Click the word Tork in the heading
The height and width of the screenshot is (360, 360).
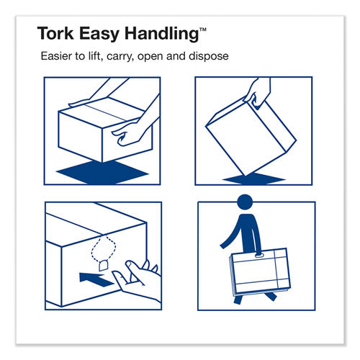tap(55, 33)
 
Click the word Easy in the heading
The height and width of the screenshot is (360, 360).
tap(99, 35)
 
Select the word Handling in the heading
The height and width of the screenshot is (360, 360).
tap(161, 34)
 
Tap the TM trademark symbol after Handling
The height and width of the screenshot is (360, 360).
tap(203, 30)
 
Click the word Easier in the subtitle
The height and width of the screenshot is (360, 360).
tap(56, 56)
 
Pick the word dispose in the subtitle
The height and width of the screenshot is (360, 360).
tap(209, 57)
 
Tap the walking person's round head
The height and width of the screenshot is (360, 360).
tap(245, 202)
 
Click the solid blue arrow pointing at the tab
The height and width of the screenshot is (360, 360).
tap(95, 279)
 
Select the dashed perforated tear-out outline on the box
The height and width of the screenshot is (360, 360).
tap(104, 248)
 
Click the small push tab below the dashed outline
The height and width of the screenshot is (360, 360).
tap(104, 265)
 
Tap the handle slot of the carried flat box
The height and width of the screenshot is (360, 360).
tap(259, 256)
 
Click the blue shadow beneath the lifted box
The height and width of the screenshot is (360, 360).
tap(102, 172)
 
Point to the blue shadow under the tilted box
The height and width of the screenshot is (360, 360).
tap(254, 179)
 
